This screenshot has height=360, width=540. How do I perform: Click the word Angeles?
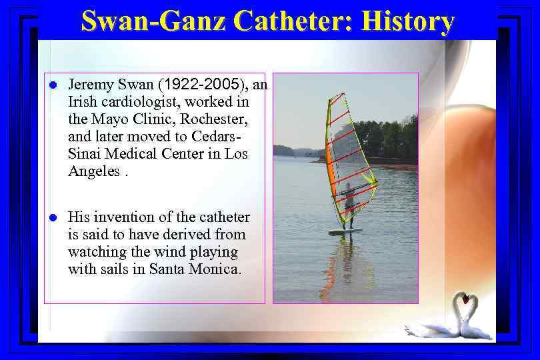pos(93,171)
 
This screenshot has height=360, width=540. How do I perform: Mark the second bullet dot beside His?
pos(53,218)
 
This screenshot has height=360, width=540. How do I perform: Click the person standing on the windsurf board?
pos(347,204)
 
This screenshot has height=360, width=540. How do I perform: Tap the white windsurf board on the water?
pos(345,231)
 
